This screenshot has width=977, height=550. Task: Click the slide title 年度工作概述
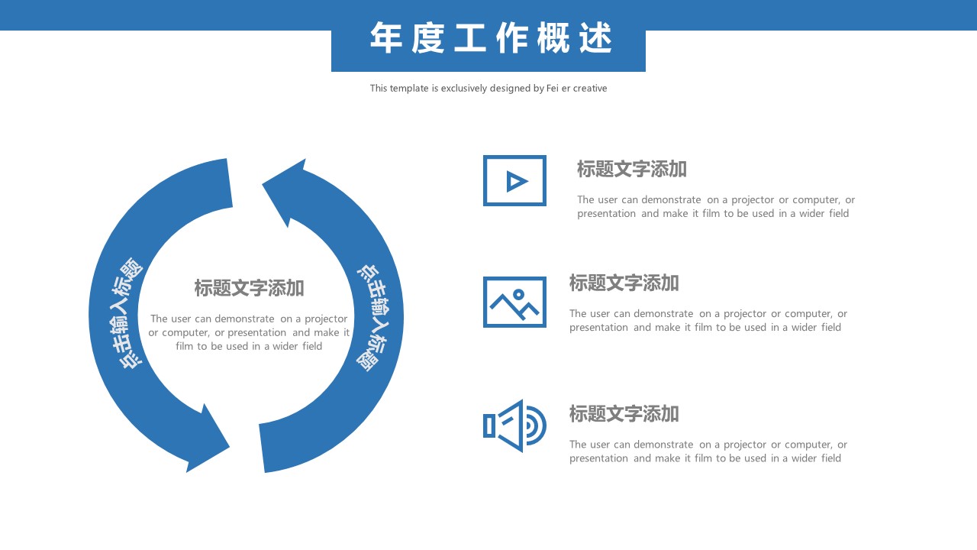pyautogui.click(x=490, y=38)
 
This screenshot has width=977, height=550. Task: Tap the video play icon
pyautogui.click(x=514, y=181)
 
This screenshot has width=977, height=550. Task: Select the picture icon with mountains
pyautogui.click(x=514, y=302)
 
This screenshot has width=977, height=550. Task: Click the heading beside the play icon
pyautogui.click(x=631, y=170)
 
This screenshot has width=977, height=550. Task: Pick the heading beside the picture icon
pyautogui.click(x=624, y=283)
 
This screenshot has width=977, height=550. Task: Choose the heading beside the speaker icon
pyautogui.click(x=624, y=414)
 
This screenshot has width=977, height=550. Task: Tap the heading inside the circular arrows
pyautogui.click(x=249, y=289)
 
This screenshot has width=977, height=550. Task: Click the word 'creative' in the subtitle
pyautogui.click(x=590, y=89)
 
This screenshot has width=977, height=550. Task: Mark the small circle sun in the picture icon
pyautogui.click(x=518, y=293)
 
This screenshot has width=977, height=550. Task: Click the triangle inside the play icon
pyautogui.click(x=517, y=181)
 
